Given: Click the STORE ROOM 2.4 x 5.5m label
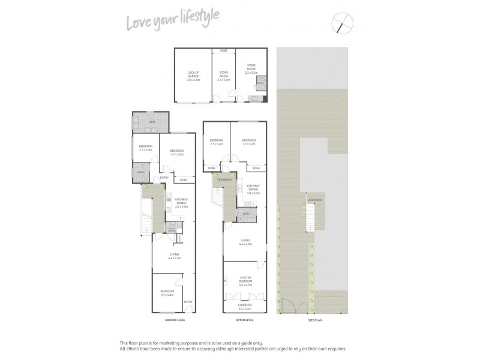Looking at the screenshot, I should pos(223,76).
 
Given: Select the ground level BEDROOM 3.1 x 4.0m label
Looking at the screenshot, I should pos(166,293).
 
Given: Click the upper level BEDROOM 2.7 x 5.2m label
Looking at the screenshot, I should pos(217,143).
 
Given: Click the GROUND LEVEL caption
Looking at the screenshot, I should pos(175,320).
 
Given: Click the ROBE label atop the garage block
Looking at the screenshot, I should pos(223,51).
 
